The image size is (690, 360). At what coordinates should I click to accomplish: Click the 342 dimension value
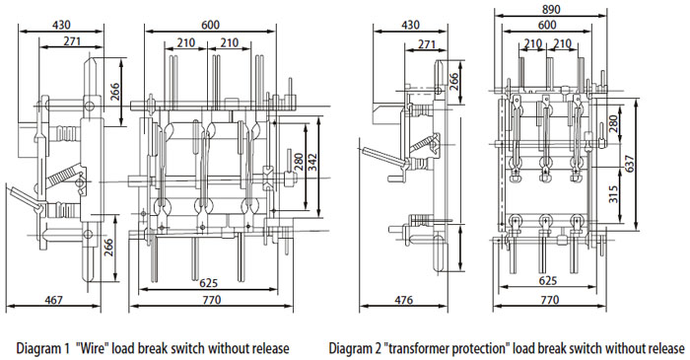(x=312, y=164)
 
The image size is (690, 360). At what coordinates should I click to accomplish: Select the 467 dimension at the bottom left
(x=53, y=300)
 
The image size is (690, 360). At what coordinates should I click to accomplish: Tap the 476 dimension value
(x=403, y=300)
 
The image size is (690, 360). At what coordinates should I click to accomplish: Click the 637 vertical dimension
(x=630, y=164)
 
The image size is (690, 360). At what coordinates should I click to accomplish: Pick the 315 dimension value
(x=614, y=194)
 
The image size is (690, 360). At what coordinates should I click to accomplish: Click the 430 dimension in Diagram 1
(x=61, y=26)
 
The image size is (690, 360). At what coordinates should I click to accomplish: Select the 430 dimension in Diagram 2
(x=410, y=25)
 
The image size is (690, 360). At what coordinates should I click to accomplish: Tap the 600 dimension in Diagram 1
(x=210, y=25)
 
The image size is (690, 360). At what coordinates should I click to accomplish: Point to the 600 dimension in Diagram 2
(x=547, y=25)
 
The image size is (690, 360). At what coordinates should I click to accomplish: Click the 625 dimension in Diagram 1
(x=209, y=282)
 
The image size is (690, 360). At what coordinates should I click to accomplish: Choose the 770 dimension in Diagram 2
(x=549, y=300)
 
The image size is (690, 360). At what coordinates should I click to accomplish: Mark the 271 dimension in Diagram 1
(x=72, y=41)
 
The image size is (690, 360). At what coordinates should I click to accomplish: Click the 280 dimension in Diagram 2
(x=614, y=124)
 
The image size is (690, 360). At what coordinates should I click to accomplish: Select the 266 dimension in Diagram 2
(x=453, y=82)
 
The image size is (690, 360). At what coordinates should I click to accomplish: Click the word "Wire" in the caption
(x=92, y=348)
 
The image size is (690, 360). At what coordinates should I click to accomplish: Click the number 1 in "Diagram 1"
(x=66, y=349)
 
